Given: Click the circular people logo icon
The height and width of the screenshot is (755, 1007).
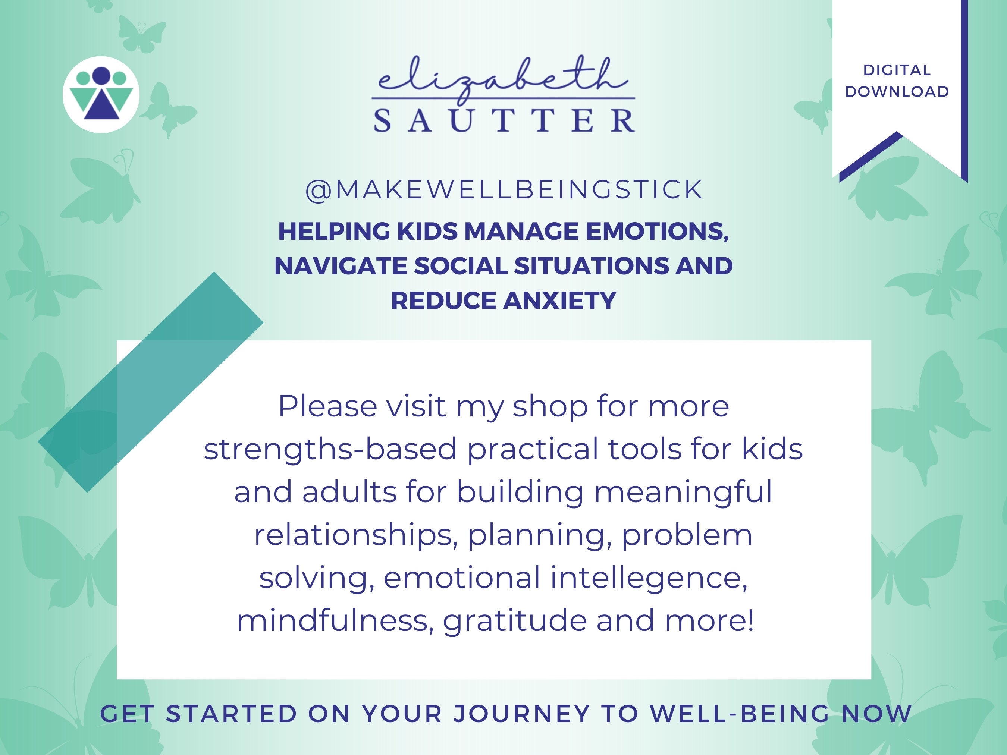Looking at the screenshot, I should point(101,95).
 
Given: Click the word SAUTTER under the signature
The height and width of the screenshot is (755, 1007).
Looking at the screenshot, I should point(504,120).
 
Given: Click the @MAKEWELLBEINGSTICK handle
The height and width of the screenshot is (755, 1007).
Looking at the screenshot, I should point(504,190).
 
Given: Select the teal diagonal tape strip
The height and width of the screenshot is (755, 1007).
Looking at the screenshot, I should point(150,382).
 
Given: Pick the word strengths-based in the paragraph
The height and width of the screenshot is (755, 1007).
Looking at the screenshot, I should point(330,449).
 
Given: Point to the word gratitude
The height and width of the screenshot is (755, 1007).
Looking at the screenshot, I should point(514,621).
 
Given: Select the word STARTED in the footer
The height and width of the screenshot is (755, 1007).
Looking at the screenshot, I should point(231,713).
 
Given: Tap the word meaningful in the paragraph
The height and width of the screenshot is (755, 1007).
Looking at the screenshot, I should point(683,493).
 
